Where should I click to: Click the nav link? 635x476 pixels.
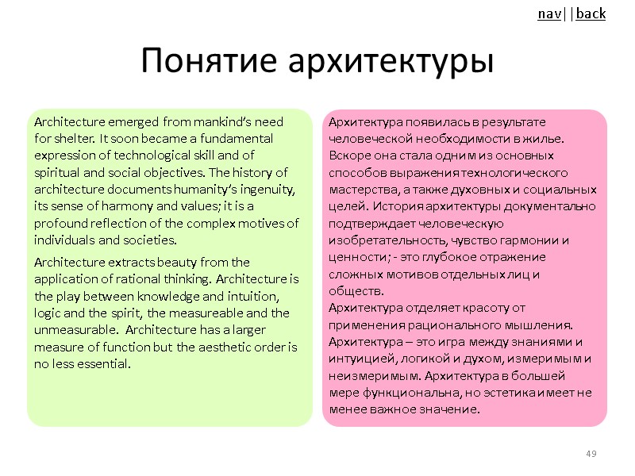(x=548, y=13)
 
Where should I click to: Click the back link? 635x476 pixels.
(x=591, y=13)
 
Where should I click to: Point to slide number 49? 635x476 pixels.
(x=591, y=453)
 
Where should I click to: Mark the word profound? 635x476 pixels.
(x=60, y=223)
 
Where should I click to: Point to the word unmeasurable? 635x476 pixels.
(x=73, y=330)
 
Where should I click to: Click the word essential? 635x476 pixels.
(x=104, y=364)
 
